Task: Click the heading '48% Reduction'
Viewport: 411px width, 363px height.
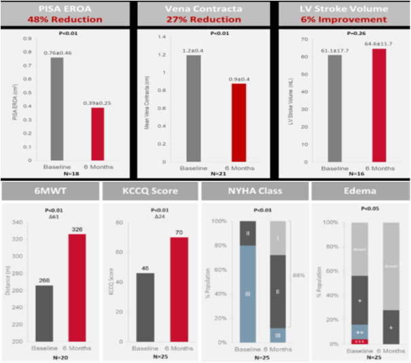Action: click(65, 19)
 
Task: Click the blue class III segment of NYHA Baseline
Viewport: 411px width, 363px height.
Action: click(249, 293)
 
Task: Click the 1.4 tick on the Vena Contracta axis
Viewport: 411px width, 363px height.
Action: click(160, 37)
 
